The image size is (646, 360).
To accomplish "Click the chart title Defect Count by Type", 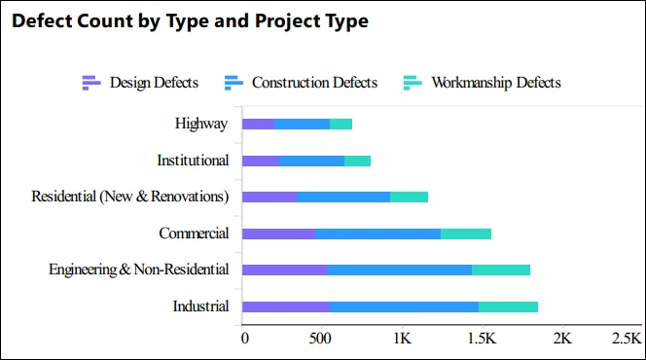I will click(x=190, y=21).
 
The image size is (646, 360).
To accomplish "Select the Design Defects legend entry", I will click(x=141, y=83).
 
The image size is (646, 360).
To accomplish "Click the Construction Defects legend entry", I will click(x=301, y=83).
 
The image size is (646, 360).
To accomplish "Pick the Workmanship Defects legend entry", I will click(x=483, y=83).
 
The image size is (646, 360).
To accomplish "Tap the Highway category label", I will click(x=201, y=124).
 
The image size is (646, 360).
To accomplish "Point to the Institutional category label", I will click(x=193, y=160).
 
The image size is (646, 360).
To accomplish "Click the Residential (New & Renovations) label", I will click(x=130, y=197).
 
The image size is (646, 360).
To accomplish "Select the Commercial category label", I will click(x=194, y=234).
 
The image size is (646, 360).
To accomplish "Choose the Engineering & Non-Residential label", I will click(x=139, y=270).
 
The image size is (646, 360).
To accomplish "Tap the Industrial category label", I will click(x=200, y=306).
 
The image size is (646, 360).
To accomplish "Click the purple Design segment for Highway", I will click(x=258, y=124).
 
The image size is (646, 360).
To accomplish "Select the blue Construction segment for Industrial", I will click(x=404, y=306).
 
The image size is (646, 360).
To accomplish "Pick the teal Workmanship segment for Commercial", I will click(x=466, y=234).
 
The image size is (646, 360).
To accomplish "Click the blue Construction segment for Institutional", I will click(x=311, y=160).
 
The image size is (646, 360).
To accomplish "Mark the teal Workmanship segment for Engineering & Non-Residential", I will click(x=501, y=270).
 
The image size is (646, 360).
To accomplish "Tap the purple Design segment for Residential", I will click(x=269, y=197).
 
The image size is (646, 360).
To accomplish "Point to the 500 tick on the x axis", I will click(x=321, y=339).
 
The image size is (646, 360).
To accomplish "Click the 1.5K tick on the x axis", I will click(x=482, y=339).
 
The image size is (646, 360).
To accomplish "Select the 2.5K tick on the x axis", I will click(x=626, y=339).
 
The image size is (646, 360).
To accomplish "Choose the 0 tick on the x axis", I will click(x=244, y=339).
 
